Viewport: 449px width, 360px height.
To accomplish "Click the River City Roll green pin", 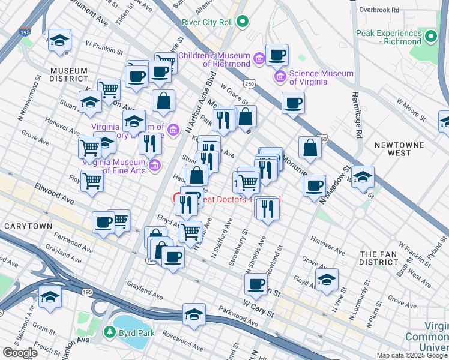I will pyautogui.click(x=243, y=22).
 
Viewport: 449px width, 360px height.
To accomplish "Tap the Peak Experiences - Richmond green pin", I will pyautogui.click(x=430, y=37).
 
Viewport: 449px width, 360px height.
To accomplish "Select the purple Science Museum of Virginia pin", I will pyautogui.click(x=280, y=77).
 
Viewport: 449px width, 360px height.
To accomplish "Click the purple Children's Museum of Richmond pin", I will pyautogui.click(x=259, y=59).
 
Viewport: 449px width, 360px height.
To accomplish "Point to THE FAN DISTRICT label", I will pyautogui.click(x=378, y=259).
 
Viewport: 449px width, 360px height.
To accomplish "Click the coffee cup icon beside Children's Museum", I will pyautogui.click(x=277, y=56).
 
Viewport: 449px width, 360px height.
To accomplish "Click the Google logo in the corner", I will pyautogui.click(x=20, y=353).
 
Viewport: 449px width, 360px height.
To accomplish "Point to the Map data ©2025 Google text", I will pyautogui.click(x=412, y=355).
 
